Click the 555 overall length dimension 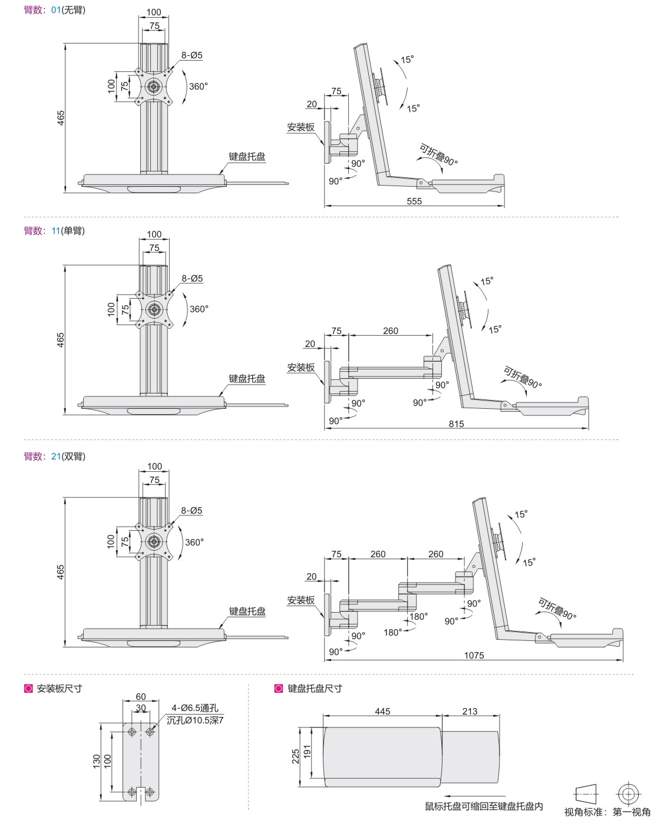pos(414,201)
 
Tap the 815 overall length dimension pos(456,424)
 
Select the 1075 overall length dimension pos(474,655)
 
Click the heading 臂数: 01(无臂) pos(54,10)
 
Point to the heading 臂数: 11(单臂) pos(54,231)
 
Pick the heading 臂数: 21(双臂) pos(54,456)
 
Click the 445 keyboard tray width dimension pos(382,711)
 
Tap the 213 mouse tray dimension pos(470,711)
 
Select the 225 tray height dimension pos(296,756)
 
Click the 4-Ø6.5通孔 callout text pos(194,708)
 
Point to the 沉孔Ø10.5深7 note pos(195,720)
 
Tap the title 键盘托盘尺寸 pos(315,688)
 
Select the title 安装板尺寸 pos(59,688)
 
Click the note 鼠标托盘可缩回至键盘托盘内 pos(484,806)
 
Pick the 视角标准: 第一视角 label pos(607,812)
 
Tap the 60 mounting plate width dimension pos(141,697)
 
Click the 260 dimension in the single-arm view pos(391,331)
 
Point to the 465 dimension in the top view pos(61,118)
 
